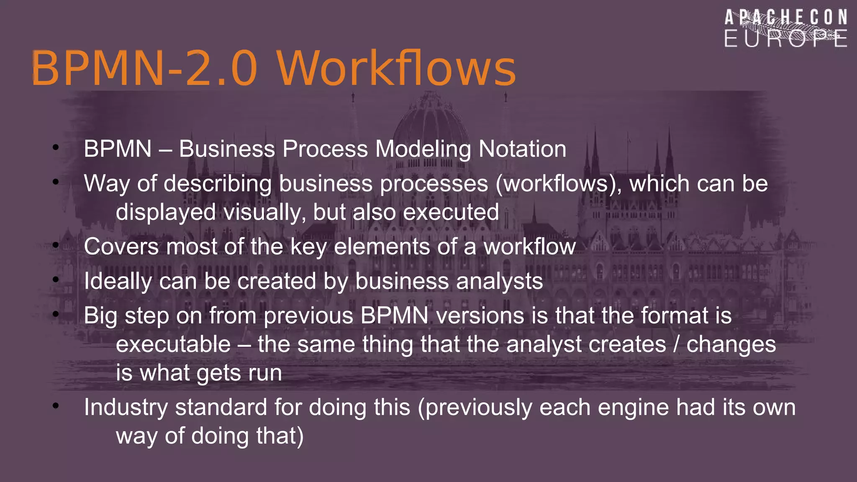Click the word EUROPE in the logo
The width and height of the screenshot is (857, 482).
pyautogui.click(x=785, y=39)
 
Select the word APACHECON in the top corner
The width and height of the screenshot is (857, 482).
pyautogui.click(x=785, y=18)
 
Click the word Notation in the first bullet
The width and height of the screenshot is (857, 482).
pyautogui.click(x=522, y=149)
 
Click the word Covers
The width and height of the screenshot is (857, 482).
pyautogui.click(x=121, y=246)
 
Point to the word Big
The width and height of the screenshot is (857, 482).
pyautogui.click(x=100, y=316)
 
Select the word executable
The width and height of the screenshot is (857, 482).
pyautogui.click(x=173, y=344)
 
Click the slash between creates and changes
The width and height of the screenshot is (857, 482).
pyautogui.click(x=676, y=344)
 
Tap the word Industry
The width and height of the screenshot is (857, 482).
pyautogui.click(x=126, y=408)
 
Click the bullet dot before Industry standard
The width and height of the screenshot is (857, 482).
pyautogui.click(x=56, y=405)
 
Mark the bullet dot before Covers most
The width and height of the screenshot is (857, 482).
pyautogui.click(x=56, y=245)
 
